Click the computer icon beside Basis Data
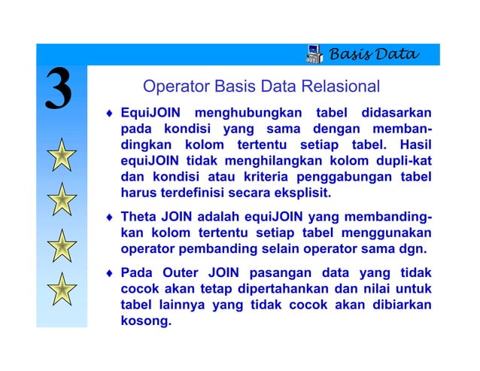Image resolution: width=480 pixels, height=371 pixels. coord(316,54)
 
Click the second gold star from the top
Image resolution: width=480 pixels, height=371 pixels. coord(61,200)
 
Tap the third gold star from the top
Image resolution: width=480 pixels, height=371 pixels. coord(61,246)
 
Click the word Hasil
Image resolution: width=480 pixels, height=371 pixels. coord(415,144)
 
